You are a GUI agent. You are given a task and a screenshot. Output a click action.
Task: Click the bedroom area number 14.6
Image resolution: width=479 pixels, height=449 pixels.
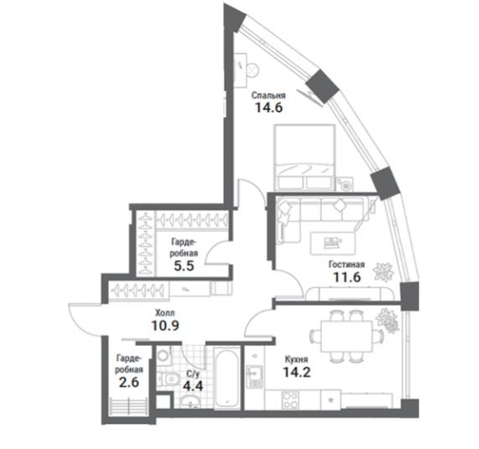(x=268, y=107)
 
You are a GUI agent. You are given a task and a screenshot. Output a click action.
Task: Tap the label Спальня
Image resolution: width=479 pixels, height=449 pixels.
(x=268, y=95)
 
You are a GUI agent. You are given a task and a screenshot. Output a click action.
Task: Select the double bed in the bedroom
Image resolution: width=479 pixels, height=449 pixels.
(x=305, y=157)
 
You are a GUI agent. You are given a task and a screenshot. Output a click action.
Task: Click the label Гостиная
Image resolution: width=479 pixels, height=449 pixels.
(x=346, y=264)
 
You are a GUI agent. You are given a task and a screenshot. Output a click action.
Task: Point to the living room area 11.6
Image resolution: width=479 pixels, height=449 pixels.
(x=346, y=277)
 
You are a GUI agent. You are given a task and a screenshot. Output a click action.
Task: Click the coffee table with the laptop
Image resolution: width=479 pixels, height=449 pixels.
(x=333, y=243)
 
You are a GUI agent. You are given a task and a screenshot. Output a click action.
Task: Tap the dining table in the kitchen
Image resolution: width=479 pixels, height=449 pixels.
(x=346, y=336)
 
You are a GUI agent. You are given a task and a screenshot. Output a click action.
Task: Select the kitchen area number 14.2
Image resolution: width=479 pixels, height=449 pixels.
(x=297, y=372)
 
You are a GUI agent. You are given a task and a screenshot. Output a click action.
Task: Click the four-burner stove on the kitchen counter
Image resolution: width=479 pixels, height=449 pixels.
(x=290, y=400)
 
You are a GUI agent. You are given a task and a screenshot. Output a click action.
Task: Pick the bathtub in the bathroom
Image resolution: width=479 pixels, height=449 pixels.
(x=226, y=379)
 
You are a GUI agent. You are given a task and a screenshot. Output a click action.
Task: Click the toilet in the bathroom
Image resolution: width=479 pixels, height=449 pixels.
(x=168, y=379)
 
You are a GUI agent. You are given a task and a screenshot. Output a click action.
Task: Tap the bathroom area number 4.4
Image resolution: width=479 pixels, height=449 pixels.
(x=193, y=386)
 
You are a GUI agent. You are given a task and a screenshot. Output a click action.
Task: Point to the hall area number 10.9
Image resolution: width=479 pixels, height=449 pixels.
(x=165, y=326)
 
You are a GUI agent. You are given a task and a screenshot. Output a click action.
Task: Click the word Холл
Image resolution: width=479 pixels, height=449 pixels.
(x=165, y=312)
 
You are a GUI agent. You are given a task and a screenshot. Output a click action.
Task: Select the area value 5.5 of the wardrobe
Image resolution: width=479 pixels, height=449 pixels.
(x=184, y=266)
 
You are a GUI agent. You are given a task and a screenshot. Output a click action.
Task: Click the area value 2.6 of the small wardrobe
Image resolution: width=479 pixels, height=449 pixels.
(x=129, y=382)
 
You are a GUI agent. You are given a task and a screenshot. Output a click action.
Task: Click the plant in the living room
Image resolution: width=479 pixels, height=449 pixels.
(x=383, y=271)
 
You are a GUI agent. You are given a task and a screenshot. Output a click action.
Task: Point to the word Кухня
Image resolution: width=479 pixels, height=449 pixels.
(x=296, y=359)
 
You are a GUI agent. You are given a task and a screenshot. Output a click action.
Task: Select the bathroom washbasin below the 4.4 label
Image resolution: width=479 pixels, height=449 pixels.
(x=190, y=402)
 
